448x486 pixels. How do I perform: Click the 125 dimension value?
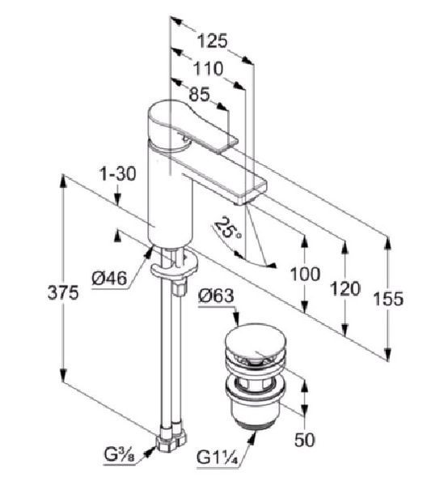point(212,41)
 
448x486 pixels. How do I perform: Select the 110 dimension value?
point(208,69)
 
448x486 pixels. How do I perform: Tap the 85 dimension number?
point(200,95)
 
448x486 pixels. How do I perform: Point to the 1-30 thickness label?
point(118,174)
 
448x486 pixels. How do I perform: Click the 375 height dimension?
point(63,292)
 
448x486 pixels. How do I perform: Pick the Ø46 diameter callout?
point(109,278)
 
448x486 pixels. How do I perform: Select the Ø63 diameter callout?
point(216,296)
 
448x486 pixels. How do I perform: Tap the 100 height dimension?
point(305,274)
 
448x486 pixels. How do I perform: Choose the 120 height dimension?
point(345,288)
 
